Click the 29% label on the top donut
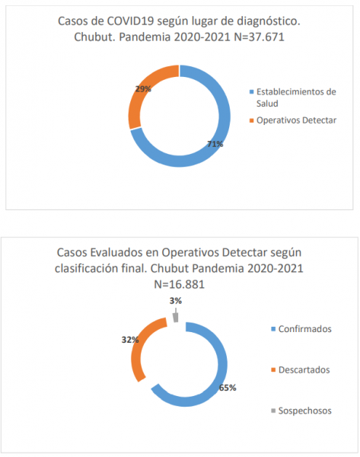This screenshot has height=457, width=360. (143, 89)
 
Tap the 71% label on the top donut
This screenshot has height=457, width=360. (215, 144)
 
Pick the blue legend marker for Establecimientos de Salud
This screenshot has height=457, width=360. (252, 92)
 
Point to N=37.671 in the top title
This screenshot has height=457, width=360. (260, 37)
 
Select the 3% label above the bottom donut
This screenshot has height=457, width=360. (176, 301)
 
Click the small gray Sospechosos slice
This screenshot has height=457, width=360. (175, 318)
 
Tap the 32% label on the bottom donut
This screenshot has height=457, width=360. (130, 340)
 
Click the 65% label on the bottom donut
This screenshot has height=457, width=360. (228, 388)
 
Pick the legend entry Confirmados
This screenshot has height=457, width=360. (305, 329)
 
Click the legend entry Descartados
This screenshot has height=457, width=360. (304, 370)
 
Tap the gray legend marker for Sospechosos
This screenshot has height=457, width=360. (273, 411)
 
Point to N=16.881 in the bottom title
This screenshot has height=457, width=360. (179, 284)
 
